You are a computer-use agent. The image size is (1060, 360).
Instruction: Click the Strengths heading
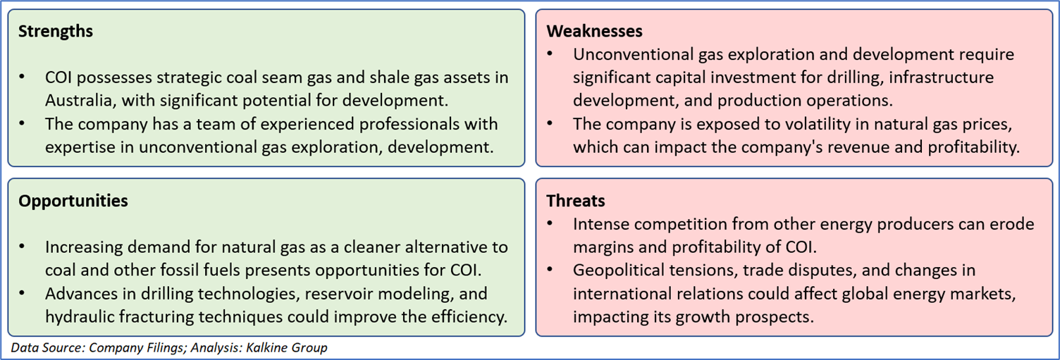coord(56,31)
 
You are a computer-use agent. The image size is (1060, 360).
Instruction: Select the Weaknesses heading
coord(594,31)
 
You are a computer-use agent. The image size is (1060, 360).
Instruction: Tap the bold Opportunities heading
coord(73,201)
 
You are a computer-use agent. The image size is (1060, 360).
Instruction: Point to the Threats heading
coord(575,201)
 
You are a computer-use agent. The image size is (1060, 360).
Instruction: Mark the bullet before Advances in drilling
coord(22,293)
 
